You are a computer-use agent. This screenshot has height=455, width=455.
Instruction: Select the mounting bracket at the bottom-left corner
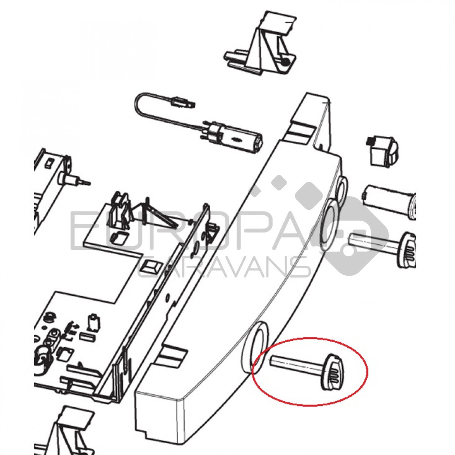(65, 431)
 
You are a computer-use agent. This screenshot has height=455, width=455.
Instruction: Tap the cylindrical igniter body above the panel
(232, 139)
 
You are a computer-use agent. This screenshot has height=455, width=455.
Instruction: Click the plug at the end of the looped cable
(183, 102)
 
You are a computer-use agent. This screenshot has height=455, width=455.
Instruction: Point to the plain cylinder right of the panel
(389, 200)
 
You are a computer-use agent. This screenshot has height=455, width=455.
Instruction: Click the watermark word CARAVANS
(223, 267)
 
